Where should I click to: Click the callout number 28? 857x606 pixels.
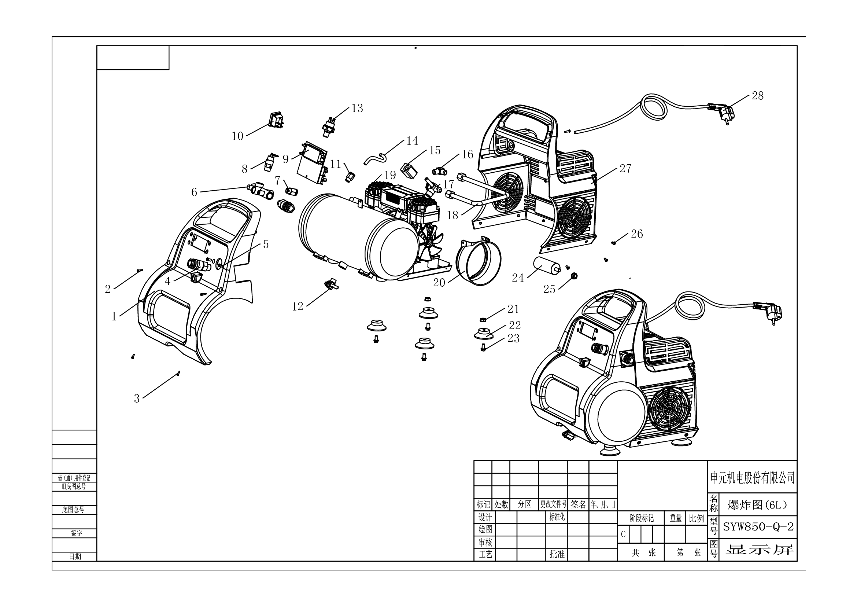tap(757, 96)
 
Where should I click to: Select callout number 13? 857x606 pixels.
tap(357, 108)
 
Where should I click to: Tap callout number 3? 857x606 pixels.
tap(137, 399)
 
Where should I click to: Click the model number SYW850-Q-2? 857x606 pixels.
tap(758, 526)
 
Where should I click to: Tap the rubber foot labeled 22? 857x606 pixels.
tap(483, 334)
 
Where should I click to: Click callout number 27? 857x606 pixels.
tap(625, 169)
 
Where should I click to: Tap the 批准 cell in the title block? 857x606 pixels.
tap(557, 554)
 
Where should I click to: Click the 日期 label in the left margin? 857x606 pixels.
tap(75, 557)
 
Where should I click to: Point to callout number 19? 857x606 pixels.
tap(390, 175)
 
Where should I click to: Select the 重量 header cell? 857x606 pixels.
tap(675, 518)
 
